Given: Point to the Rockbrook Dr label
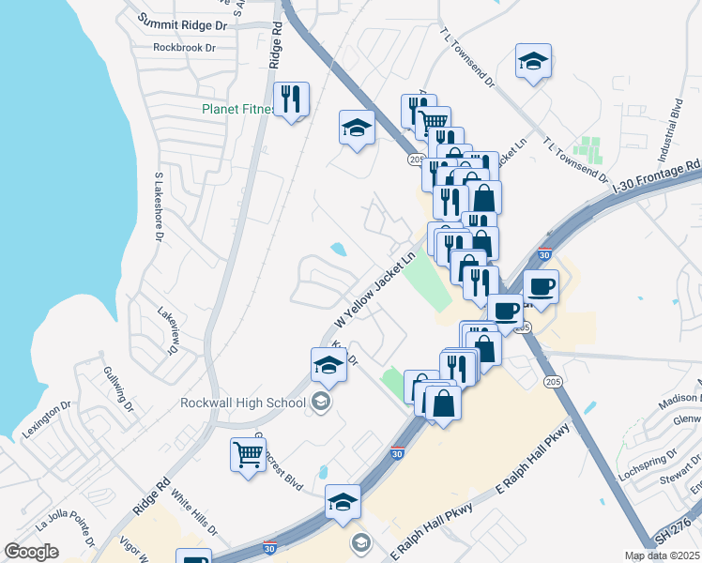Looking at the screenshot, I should tap(184, 47).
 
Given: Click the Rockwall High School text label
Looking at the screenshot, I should tap(243, 403).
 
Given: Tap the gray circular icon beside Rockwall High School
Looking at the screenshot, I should tap(320, 403).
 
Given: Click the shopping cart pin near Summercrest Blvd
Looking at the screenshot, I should tap(249, 457).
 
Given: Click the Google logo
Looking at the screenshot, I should tap(31, 552).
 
